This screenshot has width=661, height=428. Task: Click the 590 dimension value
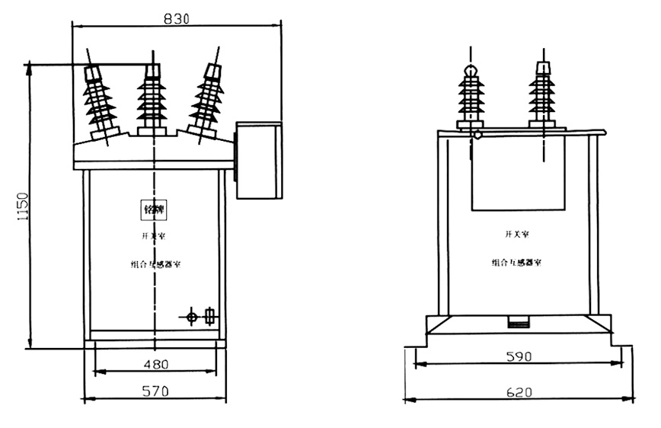pos(517,356)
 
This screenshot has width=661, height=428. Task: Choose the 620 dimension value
pos(517,392)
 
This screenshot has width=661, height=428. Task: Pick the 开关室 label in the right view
pos(517,234)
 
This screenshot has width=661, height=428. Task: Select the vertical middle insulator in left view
pos(152,99)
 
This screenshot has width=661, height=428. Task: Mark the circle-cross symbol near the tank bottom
pos(193,316)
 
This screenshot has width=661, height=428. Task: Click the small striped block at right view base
pos(518,323)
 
